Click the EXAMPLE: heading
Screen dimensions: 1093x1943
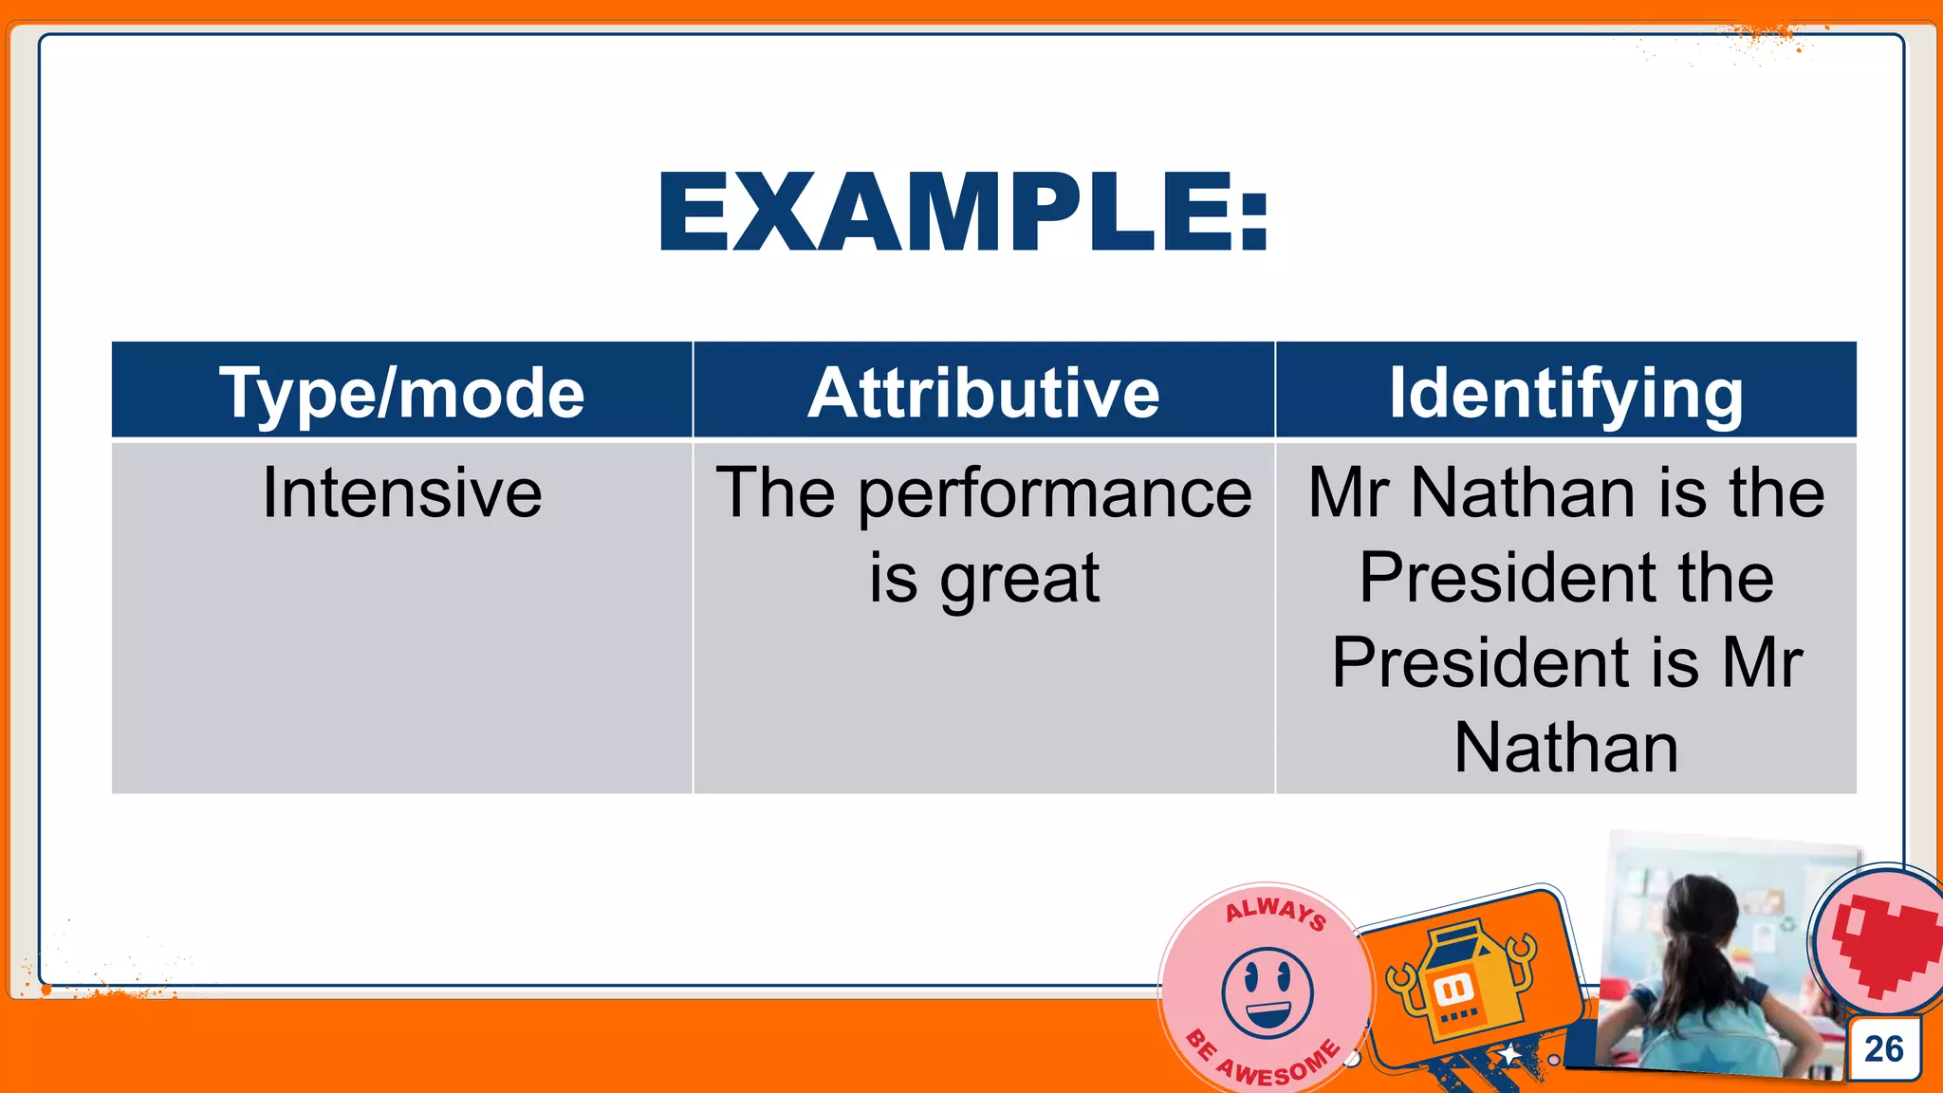pos(962,213)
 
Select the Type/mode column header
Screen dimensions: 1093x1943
pos(401,392)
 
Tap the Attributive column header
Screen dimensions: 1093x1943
pos(984,392)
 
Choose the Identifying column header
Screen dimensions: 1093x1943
pos(1565,394)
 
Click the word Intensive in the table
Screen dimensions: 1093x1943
pos(401,493)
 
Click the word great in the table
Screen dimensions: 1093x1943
pos(1019,580)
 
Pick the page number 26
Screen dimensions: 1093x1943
pos(1883,1048)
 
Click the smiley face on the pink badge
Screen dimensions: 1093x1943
pos(1268,991)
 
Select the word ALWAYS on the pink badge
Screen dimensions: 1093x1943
pos(1275,912)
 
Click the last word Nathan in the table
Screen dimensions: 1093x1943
pos(1565,749)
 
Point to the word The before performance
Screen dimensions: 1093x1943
pos(775,493)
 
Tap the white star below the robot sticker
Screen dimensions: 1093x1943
pos(1508,1054)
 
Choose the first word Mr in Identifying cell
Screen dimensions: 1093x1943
pos(1349,493)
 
